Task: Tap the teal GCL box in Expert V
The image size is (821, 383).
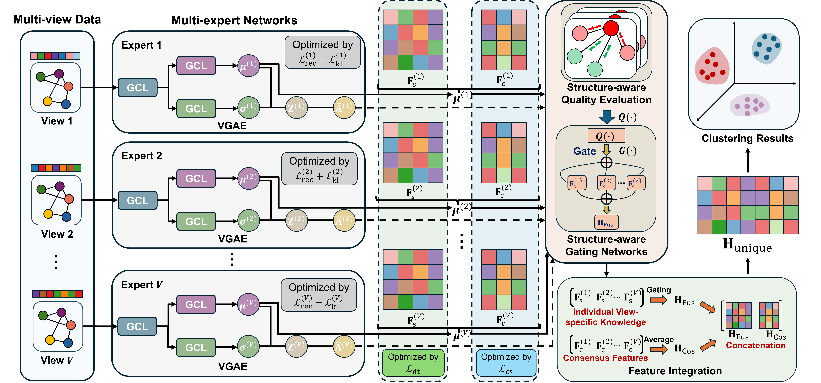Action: [x=137, y=326]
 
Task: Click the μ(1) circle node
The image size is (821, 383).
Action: [x=249, y=66]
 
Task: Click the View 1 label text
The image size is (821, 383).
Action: [x=57, y=121]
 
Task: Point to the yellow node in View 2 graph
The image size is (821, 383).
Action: [x=48, y=214]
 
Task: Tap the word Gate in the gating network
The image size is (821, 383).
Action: [x=584, y=151]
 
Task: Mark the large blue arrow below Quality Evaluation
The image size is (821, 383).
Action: [x=607, y=117]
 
